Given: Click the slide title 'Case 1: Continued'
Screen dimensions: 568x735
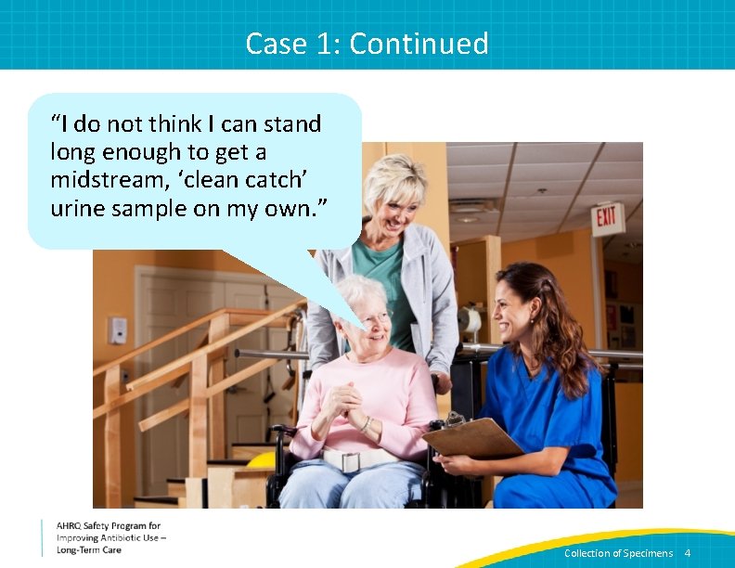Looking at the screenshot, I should click(367, 44).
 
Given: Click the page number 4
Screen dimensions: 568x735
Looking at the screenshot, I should click(688, 553).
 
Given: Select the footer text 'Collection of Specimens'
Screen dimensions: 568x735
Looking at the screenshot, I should click(618, 553).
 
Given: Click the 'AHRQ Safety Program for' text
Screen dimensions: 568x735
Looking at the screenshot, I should click(109, 526).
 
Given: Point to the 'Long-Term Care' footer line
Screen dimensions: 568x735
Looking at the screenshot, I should click(89, 550).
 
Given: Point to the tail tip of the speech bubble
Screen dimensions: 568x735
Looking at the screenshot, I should click(365, 329).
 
